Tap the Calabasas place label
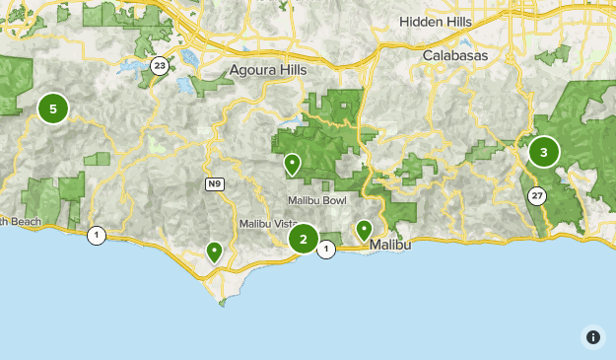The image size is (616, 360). coord(454,56)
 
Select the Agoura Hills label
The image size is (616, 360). coord(268,71)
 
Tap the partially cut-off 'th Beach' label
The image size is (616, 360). coord(20,222)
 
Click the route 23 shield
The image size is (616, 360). coord(160,65)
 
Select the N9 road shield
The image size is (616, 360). coord(214,184)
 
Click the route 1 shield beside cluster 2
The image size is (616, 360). coord(326,250)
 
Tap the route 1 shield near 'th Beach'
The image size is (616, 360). coord(97,235)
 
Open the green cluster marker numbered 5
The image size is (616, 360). coord(53,108)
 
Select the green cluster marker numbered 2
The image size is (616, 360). coord(303,238)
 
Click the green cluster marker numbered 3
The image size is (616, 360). coord(543,152)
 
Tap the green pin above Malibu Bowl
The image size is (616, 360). coord(292,164)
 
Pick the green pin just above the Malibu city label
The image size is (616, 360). coord(365,230)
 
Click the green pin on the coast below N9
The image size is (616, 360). coord(214,252)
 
